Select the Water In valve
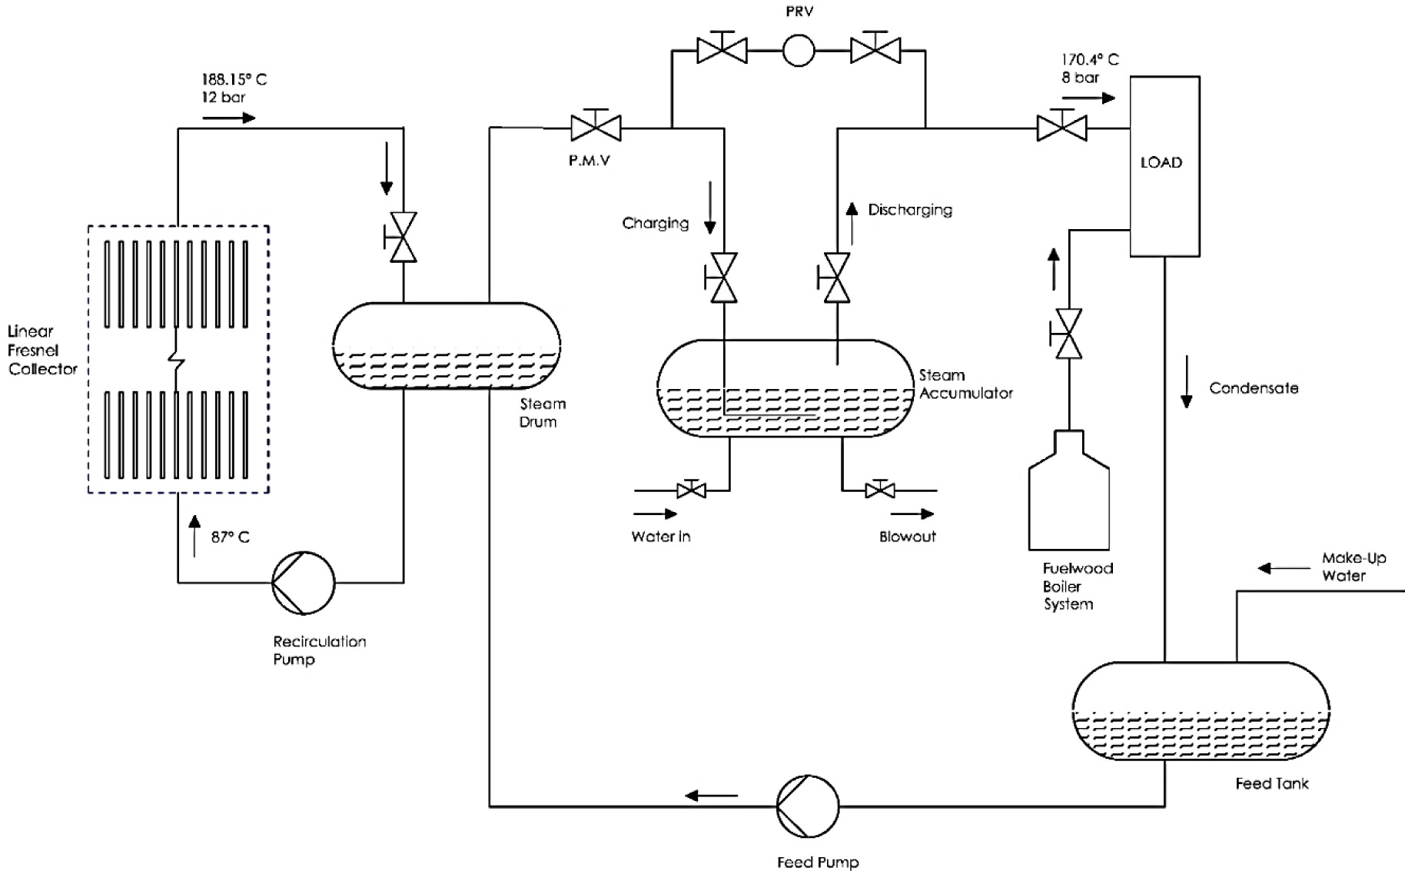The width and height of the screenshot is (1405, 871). pyautogui.click(x=691, y=488)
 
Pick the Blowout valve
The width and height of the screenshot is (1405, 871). pyautogui.click(x=879, y=488)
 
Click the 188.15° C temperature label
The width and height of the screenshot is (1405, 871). pyautogui.click(x=234, y=79)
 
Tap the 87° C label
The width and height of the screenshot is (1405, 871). pyautogui.click(x=231, y=537)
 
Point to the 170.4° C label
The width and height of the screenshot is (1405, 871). pyautogui.click(x=1090, y=59)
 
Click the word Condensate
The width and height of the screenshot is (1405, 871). pyautogui.click(x=1254, y=388)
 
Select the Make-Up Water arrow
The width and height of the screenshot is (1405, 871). pyautogui.click(x=1284, y=569)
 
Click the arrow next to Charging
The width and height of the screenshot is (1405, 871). pyautogui.click(x=710, y=208)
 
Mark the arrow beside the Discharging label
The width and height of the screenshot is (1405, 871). pyautogui.click(x=852, y=224)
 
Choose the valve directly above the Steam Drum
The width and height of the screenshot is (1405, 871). pyautogui.click(x=400, y=238)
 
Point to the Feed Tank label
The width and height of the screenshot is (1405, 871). pyautogui.click(x=1272, y=784)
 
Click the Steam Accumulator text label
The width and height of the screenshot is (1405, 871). pyautogui.click(x=966, y=384)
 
